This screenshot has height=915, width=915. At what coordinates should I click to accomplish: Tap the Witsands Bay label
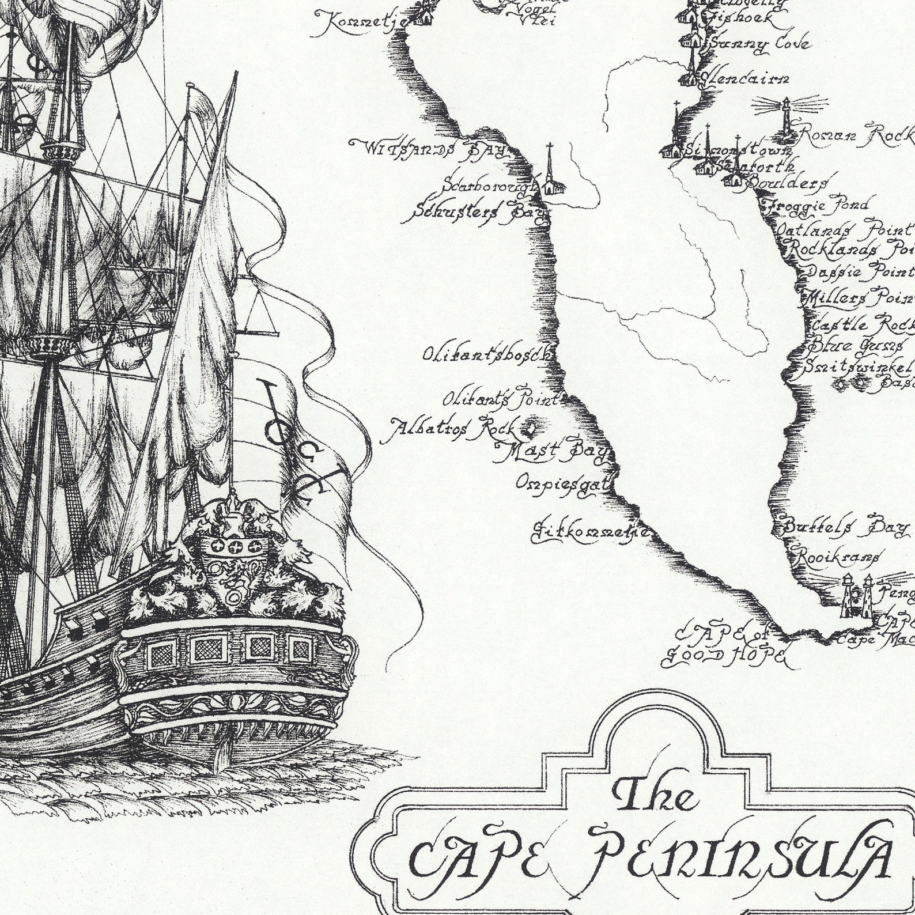[429, 149]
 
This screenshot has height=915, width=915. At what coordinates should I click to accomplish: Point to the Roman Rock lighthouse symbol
[784, 119]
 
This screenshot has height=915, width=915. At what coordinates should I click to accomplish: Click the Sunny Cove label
[759, 44]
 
